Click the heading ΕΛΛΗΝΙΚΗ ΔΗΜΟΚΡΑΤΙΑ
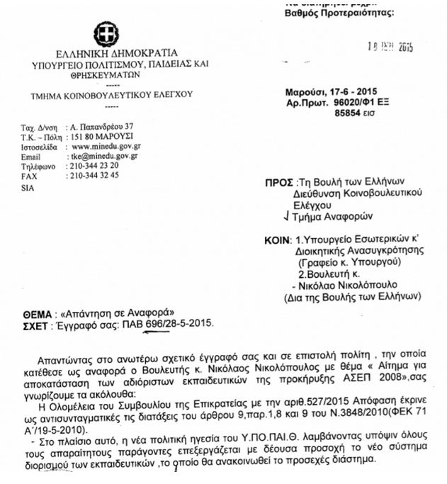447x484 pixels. tap(106, 54)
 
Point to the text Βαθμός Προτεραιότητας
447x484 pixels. tap(329, 12)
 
